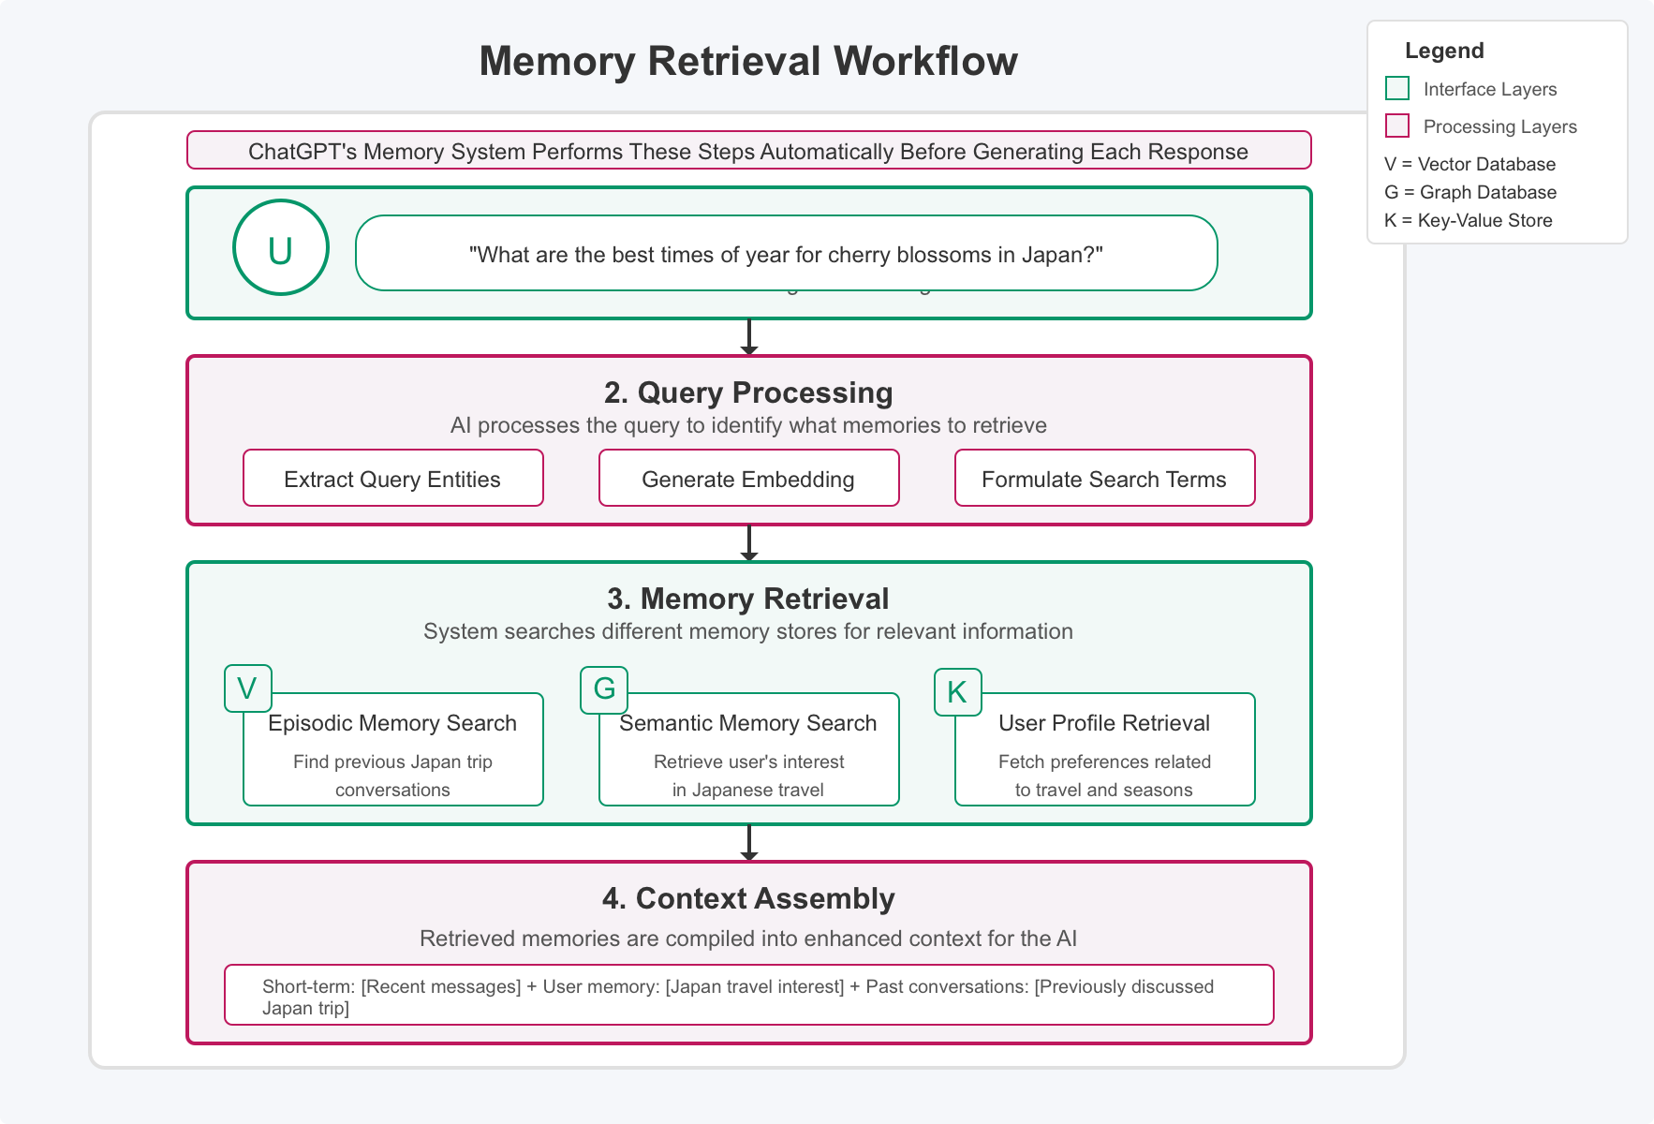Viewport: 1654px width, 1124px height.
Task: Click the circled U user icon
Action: coord(281,248)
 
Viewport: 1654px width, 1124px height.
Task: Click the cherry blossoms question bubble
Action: coord(786,254)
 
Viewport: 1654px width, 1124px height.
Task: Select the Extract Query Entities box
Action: coord(392,479)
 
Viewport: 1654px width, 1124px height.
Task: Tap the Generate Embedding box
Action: coord(748,479)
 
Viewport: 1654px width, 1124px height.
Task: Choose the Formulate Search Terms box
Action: coord(1104,479)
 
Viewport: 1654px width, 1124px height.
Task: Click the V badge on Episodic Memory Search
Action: coord(247,688)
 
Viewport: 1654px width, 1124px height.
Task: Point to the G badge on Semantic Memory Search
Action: coord(604,689)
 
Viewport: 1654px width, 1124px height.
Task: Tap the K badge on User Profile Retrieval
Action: coord(957,692)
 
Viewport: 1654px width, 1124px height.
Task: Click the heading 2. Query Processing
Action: coord(748,392)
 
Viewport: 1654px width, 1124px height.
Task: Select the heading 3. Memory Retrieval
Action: coord(748,599)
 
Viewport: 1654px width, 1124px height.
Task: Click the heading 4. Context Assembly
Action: coord(748,898)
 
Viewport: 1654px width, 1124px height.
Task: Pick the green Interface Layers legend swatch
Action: coord(1396,89)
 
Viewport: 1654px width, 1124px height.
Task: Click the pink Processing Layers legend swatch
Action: coord(1396,126)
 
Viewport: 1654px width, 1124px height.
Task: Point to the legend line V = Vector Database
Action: coord(1469,164)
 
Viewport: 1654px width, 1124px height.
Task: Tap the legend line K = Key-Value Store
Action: coord(1468,220)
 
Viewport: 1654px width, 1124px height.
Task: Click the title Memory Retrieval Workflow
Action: coord(748,62)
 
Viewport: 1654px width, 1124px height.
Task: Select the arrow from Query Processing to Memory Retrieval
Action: coord(748,543)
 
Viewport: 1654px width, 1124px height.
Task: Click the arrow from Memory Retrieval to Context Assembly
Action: coord(748,843)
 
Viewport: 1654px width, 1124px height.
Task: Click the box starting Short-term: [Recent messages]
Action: coord(748,995)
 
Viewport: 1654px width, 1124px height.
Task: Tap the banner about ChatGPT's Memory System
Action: coord(748,151)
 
